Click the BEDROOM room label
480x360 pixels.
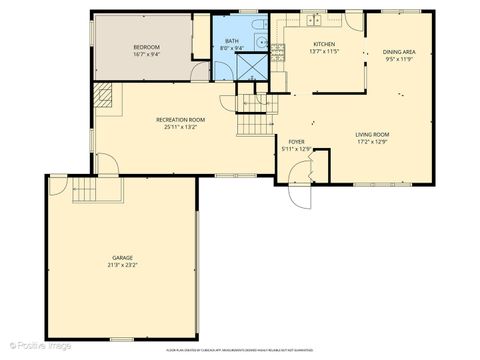click(x=147, y=47)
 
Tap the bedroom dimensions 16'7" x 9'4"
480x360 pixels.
click(x=147, y=54)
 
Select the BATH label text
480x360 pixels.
click(x=232, y=41)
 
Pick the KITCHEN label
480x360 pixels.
click(x=324, y=44)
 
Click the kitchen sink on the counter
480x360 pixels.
click(x=313, y=19)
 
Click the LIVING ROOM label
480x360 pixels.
click(x=372, y=134)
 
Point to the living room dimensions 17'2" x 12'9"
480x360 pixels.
click(x=372, y=141)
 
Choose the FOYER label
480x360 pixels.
click(x=297, y=142)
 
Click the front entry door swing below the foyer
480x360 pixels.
click(x=298, y=189)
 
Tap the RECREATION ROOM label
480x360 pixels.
click(x=180, y=119)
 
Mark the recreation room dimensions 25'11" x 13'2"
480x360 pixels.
click(x=180, y=127)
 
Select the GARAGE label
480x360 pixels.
click(x=122, y=258)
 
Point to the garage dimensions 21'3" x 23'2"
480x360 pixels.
click(x=122, y=265)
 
